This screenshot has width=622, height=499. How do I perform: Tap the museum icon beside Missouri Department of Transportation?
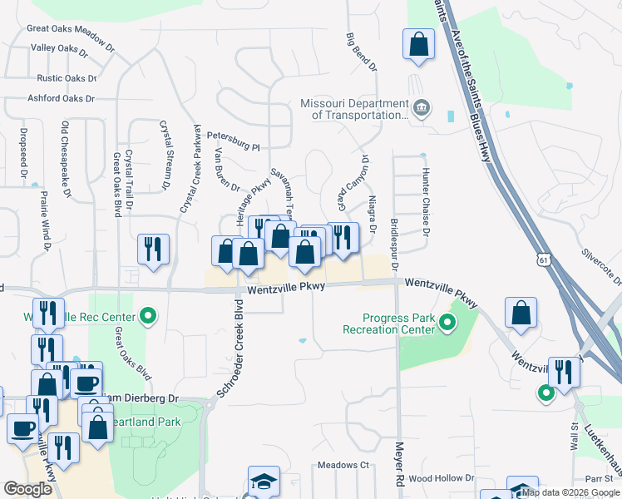coord(421,107)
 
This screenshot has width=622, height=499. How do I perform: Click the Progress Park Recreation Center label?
coord(388,324)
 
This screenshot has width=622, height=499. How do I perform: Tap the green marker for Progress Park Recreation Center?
coord(447,323)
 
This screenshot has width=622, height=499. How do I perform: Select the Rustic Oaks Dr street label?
coord(67,78)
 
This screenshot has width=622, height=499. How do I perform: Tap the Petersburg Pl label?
coord(234,140)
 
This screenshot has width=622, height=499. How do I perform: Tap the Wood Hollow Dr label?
coord(441,478)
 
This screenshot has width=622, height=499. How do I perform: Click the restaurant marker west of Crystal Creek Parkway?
coord(154,249)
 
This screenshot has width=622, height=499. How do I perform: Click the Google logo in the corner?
coord(28,489)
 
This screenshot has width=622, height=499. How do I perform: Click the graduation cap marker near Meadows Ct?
coord(264,482)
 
